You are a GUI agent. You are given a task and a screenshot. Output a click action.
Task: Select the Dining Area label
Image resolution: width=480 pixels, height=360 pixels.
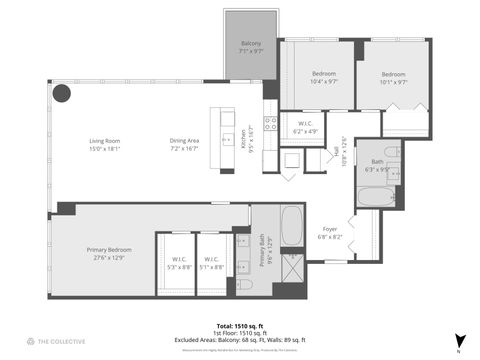[184, 144]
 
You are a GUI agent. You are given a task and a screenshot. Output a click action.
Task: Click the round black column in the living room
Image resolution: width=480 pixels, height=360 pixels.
[62, 93]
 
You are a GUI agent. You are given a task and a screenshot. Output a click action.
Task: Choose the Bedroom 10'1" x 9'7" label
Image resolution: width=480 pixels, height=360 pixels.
[395, 79]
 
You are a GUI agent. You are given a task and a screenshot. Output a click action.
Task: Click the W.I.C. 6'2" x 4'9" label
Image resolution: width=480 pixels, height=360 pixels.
[305, 127]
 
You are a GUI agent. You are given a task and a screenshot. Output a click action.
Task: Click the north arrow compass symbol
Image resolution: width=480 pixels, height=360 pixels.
[459, 341]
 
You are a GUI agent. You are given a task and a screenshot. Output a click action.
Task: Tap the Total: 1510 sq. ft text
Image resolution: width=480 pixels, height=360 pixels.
[239, 326]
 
